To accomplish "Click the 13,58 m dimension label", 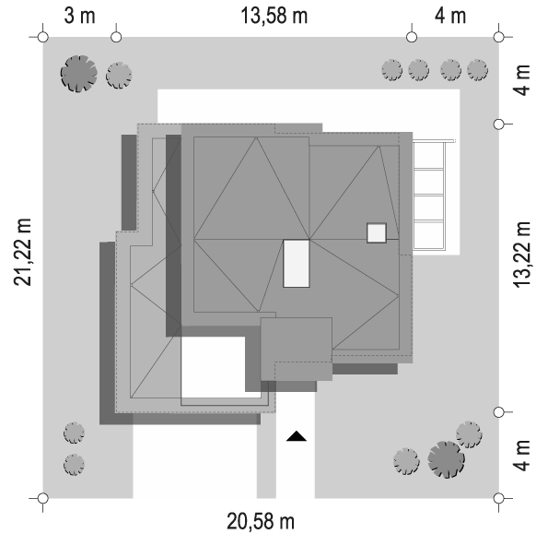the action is click(x=274, y=16).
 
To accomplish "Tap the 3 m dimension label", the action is click(x=80, y=16).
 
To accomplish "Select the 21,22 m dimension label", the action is click(x=23, y=252).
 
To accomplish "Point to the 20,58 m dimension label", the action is click(x=261, y=521).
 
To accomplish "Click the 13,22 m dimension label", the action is click(x=522, y=255).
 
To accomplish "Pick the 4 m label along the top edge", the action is click(x=450, y=16).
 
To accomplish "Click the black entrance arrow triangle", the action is click(x=297, y=436).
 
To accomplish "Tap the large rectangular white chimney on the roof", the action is click(x=297, y=264).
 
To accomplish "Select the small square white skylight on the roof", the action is click(x=377, y=233).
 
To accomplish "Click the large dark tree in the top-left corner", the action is click(x=79, y=74).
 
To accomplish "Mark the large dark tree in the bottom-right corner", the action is click(x=447, y=459).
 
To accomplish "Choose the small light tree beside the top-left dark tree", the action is click(x=119, y=76).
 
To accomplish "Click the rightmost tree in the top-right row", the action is click(x=477, y=70).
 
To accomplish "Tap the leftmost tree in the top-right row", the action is click(x=391, y=70).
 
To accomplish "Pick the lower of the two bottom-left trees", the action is click(x=74, y=465).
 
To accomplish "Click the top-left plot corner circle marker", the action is click(x=43, y=37).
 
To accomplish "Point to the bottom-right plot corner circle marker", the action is click(x=498, y=498).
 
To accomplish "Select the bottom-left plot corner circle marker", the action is click(x=43, y=498).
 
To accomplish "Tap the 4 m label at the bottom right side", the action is click(x=522, y=456).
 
